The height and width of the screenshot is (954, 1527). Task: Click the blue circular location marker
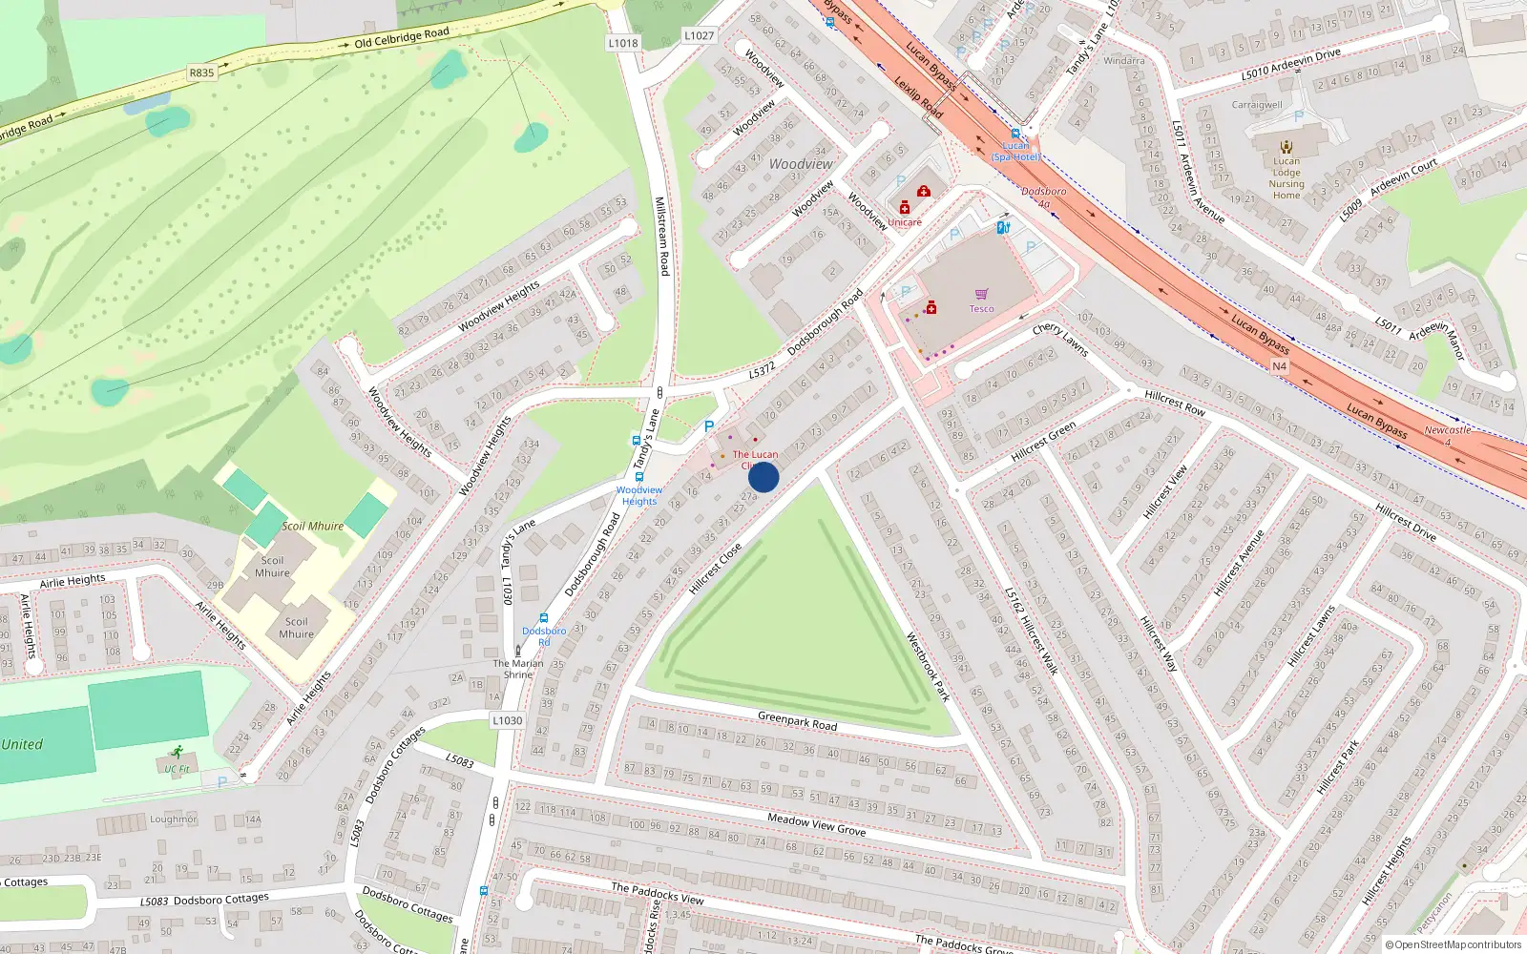pyautogui.click(x=763, y=477)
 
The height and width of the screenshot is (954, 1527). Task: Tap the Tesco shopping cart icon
pyautogui.click(x=981, y=294)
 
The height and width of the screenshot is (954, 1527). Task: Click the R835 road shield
pyautogui.click(x=201, y=73)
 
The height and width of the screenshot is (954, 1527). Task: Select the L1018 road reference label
pyautogui.click(x=622, y=43)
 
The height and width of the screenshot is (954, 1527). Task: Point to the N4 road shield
pyautogui.click(x=1279, y=366)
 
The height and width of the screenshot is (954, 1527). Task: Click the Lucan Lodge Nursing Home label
pyautogui.click(x=1286, y=177)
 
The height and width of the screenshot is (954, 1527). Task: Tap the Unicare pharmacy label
pyautogui.click(x=905, y=222)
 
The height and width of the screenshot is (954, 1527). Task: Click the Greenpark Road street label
pyautogui.click(x=797, y=720)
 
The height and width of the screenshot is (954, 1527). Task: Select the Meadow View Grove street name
pyautogui.click(x=816, y=824)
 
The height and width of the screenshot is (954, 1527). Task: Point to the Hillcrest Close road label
pyautogui.click(x=715, y=570)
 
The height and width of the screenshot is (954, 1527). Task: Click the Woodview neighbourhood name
pyautogui.click(x=801, y=164)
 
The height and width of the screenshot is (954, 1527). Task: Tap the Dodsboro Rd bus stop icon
pyautogui.click(x=544, y=618)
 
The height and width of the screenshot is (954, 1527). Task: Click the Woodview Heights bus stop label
pyautogui.click(x=638, y=495)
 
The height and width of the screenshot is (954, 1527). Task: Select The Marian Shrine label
pyautogui.click(x=518, y=668)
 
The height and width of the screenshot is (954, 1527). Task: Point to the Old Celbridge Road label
pyautogui.click(x=401, y=38)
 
